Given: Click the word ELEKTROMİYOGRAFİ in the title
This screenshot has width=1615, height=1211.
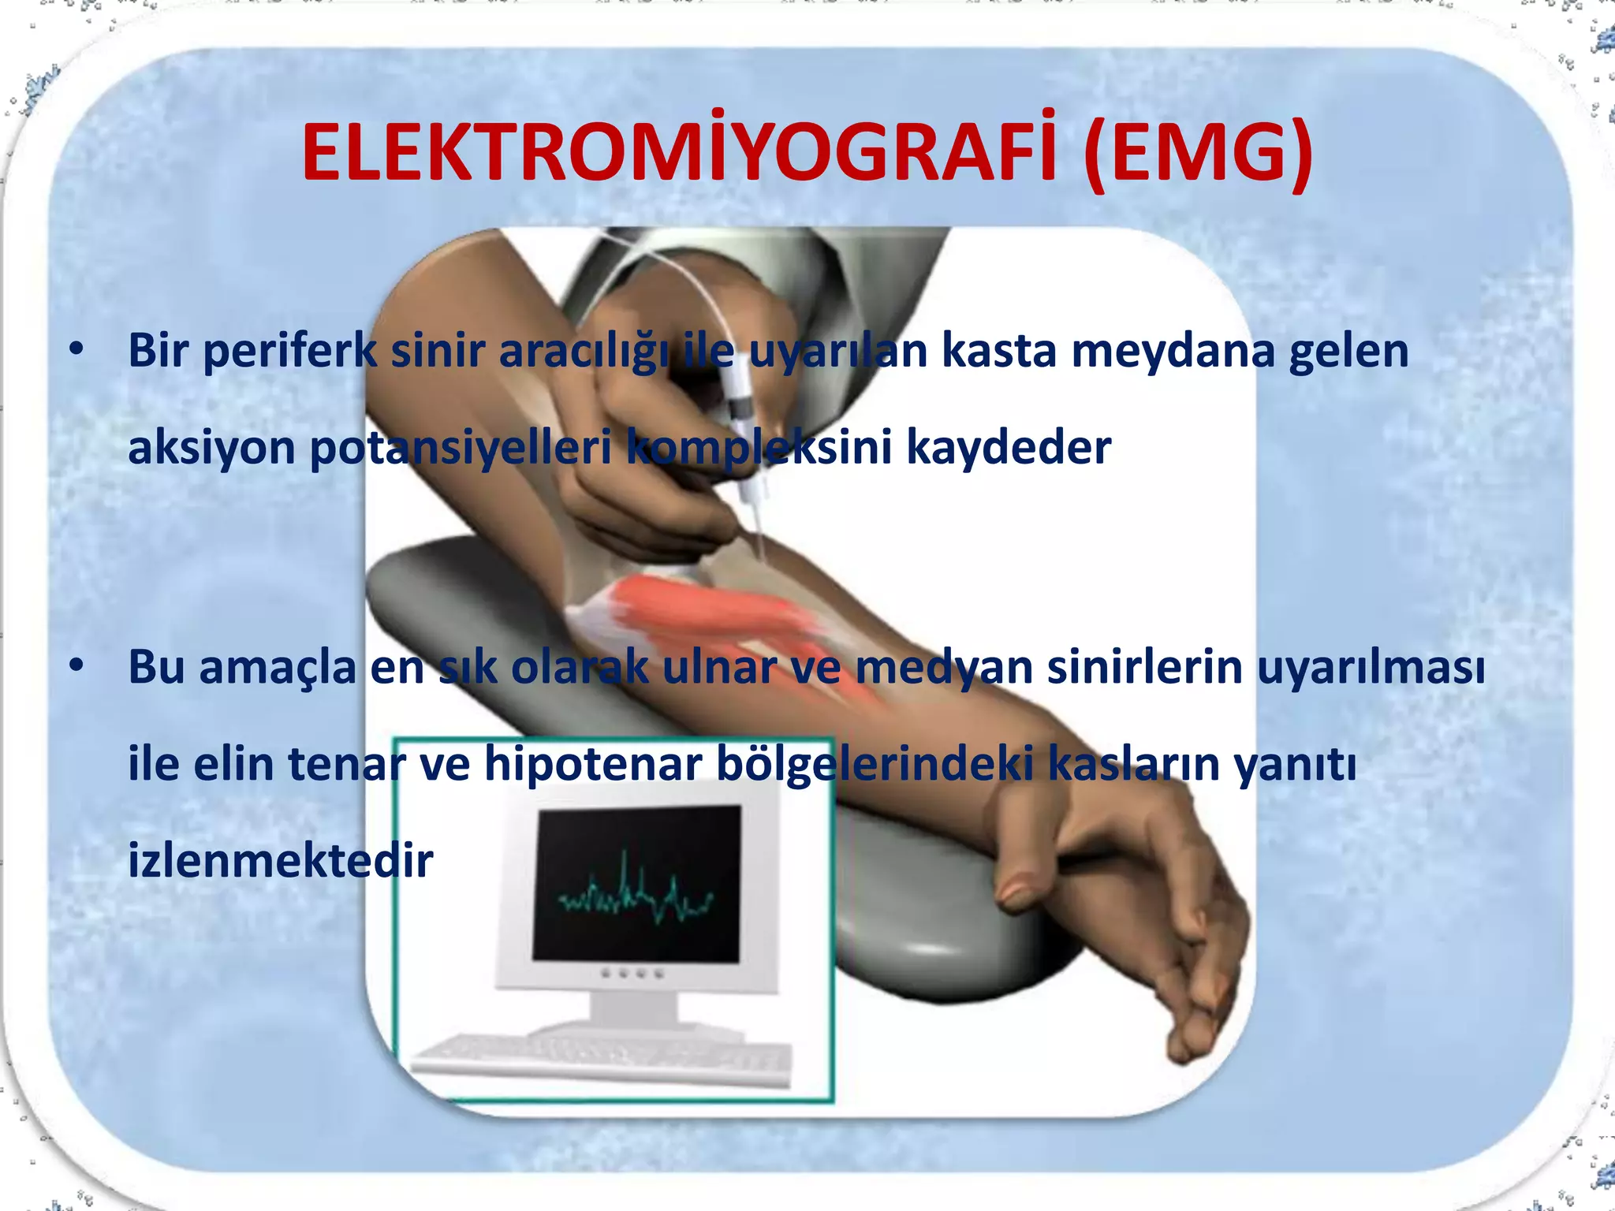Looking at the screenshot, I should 678,153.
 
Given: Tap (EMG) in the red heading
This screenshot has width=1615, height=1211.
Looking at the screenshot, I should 1198,153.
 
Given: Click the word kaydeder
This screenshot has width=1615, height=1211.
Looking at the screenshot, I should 1009,447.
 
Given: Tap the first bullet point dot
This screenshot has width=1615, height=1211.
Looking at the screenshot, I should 76,348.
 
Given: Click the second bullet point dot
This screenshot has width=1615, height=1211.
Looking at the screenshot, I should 76,665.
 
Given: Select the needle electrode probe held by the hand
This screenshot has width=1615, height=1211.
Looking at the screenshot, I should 745,442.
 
